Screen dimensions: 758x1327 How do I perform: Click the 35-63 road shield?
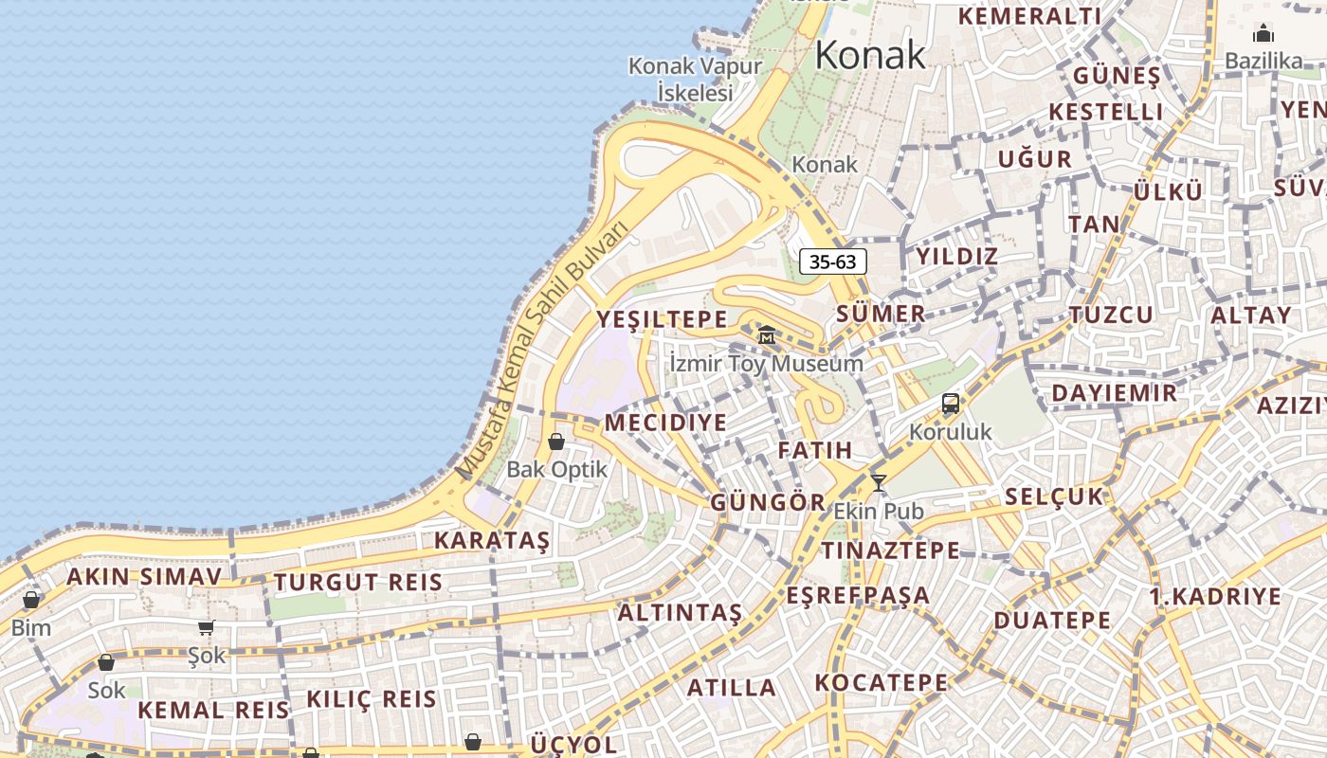tap(833, 262)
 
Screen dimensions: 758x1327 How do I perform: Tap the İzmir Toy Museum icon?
tap(767, 334)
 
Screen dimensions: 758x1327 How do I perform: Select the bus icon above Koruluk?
tap(951, 404)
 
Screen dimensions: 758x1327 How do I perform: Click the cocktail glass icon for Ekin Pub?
tap(879, 483)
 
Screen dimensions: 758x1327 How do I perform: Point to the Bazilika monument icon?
tap(1263, 34)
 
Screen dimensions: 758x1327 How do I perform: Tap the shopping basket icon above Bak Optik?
tap(556, 442)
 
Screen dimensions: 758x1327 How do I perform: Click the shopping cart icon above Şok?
tap(207, 627)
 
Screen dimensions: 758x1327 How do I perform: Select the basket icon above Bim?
tap(31, 600)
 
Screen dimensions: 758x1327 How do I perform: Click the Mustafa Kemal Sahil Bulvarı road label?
tap(543, 351)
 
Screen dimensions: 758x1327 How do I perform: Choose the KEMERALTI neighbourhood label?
tap(1030, 16)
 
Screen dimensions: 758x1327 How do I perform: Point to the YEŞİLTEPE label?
tap(663, 319)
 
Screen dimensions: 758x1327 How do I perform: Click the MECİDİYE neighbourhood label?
tap(665, 423)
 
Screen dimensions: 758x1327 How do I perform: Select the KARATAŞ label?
tap(492, 541)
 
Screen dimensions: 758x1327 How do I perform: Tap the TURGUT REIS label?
tap(358, 583)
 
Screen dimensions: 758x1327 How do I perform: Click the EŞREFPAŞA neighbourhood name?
tap(858, 596)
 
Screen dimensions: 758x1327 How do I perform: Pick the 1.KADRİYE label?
tap(1215, 597)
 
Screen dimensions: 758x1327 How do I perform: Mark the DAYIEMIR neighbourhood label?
tap(1115, 393)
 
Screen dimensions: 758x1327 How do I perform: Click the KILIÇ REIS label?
tap(372, 700)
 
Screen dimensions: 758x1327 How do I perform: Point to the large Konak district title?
tap(870, 55)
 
